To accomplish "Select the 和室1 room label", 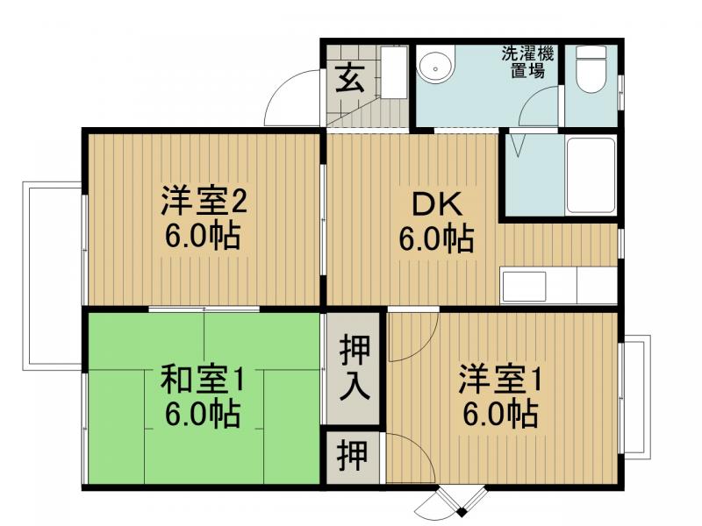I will pos(202,380).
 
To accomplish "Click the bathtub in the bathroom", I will pos(591,174).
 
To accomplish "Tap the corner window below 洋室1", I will pos(449,503).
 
